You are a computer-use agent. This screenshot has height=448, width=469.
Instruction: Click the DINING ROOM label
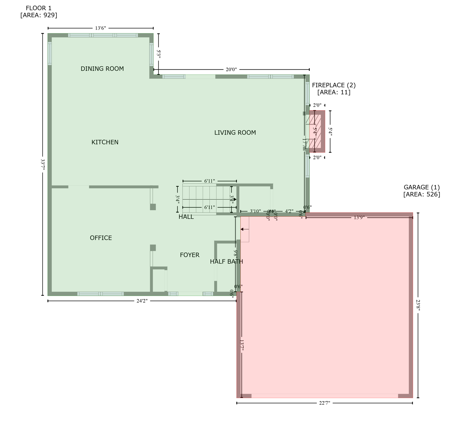102,69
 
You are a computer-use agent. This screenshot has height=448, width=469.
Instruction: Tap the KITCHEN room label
105,142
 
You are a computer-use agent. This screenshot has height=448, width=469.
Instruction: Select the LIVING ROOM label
235,132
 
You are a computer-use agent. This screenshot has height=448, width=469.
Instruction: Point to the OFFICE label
101,238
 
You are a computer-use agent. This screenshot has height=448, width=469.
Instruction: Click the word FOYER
190,255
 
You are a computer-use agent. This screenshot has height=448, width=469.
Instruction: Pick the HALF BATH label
226,262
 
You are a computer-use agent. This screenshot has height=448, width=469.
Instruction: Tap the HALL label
186,217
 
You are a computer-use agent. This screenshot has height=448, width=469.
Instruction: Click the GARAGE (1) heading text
422,187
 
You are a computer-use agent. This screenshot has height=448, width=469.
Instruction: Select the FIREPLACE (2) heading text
334,85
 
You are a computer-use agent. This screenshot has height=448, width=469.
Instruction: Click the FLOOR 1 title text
38,8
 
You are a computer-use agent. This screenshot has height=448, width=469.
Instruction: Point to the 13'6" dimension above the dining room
100,28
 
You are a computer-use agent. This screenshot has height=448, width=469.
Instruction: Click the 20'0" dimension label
231,69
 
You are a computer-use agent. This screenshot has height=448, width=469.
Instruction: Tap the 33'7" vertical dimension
43,164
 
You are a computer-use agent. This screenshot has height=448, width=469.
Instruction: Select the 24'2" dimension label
142,301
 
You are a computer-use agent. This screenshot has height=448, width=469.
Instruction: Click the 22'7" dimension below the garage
324,403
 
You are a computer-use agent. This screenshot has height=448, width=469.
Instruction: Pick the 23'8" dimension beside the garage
418,305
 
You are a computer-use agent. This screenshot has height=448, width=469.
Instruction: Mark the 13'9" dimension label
359,218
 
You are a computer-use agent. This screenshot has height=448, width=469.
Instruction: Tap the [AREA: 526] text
422,194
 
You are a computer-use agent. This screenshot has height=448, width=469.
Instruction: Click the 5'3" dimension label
159,54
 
